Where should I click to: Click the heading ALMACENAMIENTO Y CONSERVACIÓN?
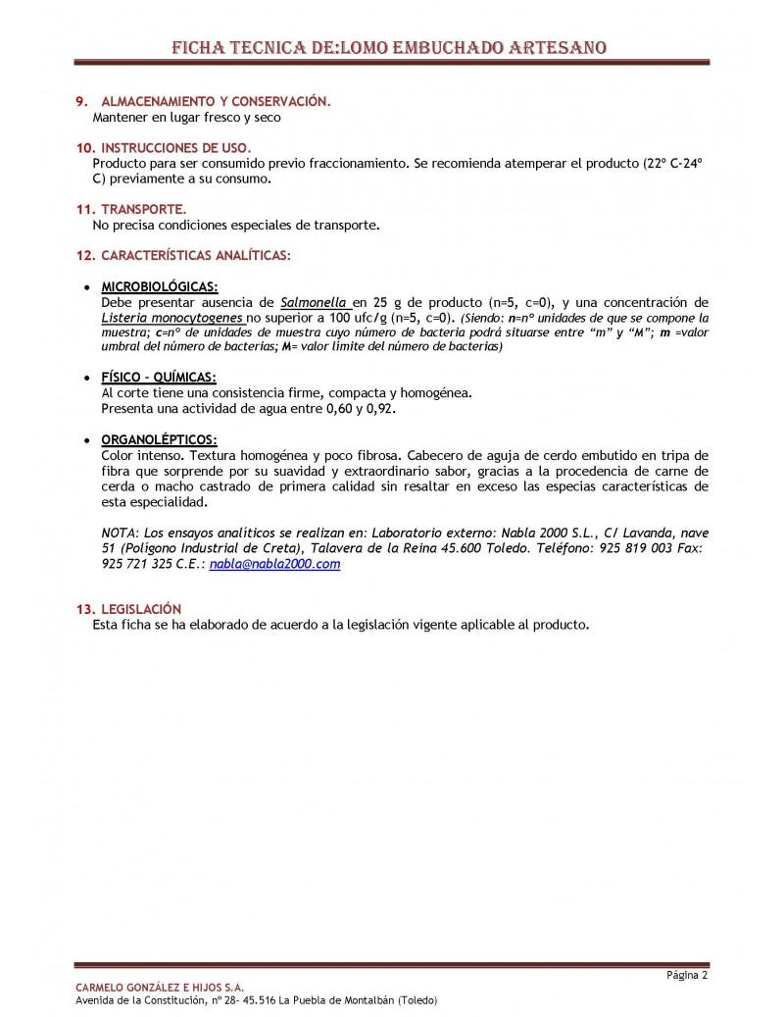click(216, 101)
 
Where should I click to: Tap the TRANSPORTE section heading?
click(143, 209)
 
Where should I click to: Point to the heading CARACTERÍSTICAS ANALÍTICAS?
click(195, 255)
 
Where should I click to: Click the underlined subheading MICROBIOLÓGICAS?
click(160, 285)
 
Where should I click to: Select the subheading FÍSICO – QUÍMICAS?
click(159, 377)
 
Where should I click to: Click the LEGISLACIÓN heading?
click(141, 609)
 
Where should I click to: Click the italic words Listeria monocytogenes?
click(171, 318)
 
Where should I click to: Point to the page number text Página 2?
click(687, 975)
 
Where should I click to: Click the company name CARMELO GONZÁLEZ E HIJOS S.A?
click(160, 987)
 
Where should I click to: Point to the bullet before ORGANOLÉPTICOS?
click(89, 440)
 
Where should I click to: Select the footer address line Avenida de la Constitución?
click(256, 1000)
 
